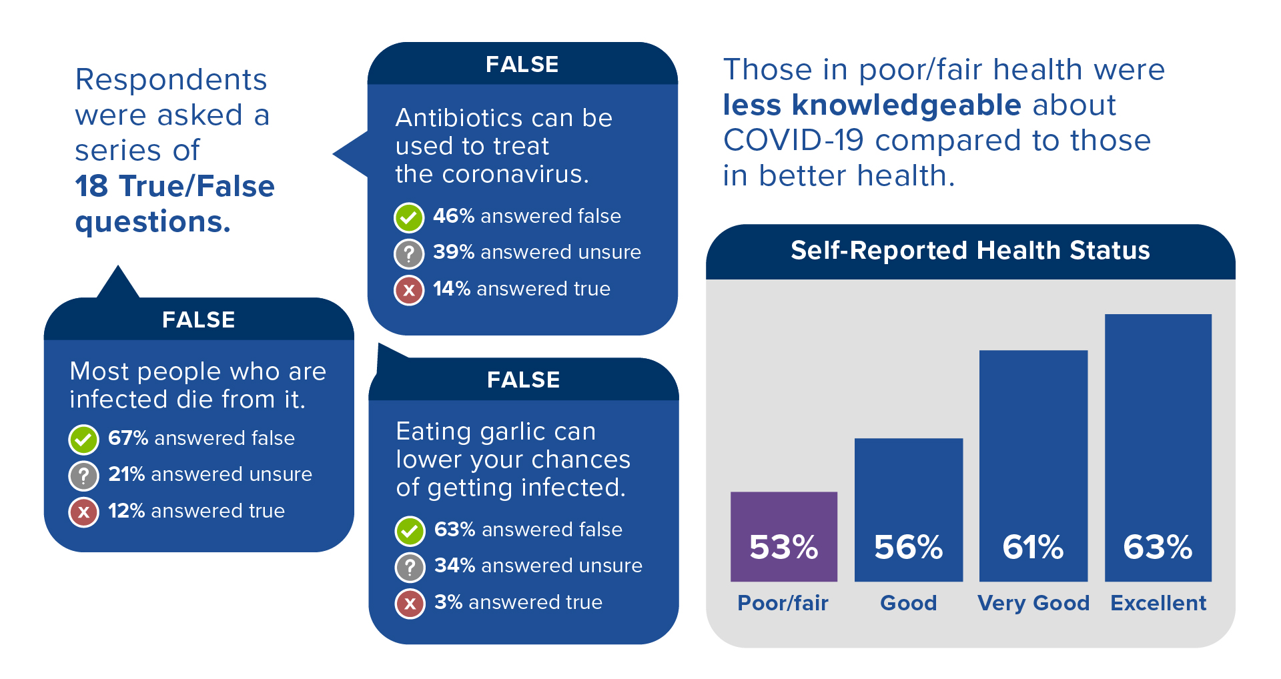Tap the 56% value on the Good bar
click(x=908, y=547)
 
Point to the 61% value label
click(x=1033, y=547)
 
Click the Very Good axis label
click(x=1033, y=603)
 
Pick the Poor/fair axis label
click(x=783, y=603)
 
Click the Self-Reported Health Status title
click(x=970, y=251)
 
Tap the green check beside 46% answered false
click(x=409, y=217)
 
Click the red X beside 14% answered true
click(x=409, y=289)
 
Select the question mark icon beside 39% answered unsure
click(x=409, y=253)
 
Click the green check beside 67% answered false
click(x=84, y=439)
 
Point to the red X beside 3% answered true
click(x=410, y=604)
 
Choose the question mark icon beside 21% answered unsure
click(x=84, y=476)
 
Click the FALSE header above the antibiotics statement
click(x=522, y=64)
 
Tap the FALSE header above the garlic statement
click(x=523, y=380)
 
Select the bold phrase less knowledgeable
click(x=872, y=105)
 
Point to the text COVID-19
click(x=793, y=141)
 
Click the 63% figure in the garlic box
click(x=454, y=529)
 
